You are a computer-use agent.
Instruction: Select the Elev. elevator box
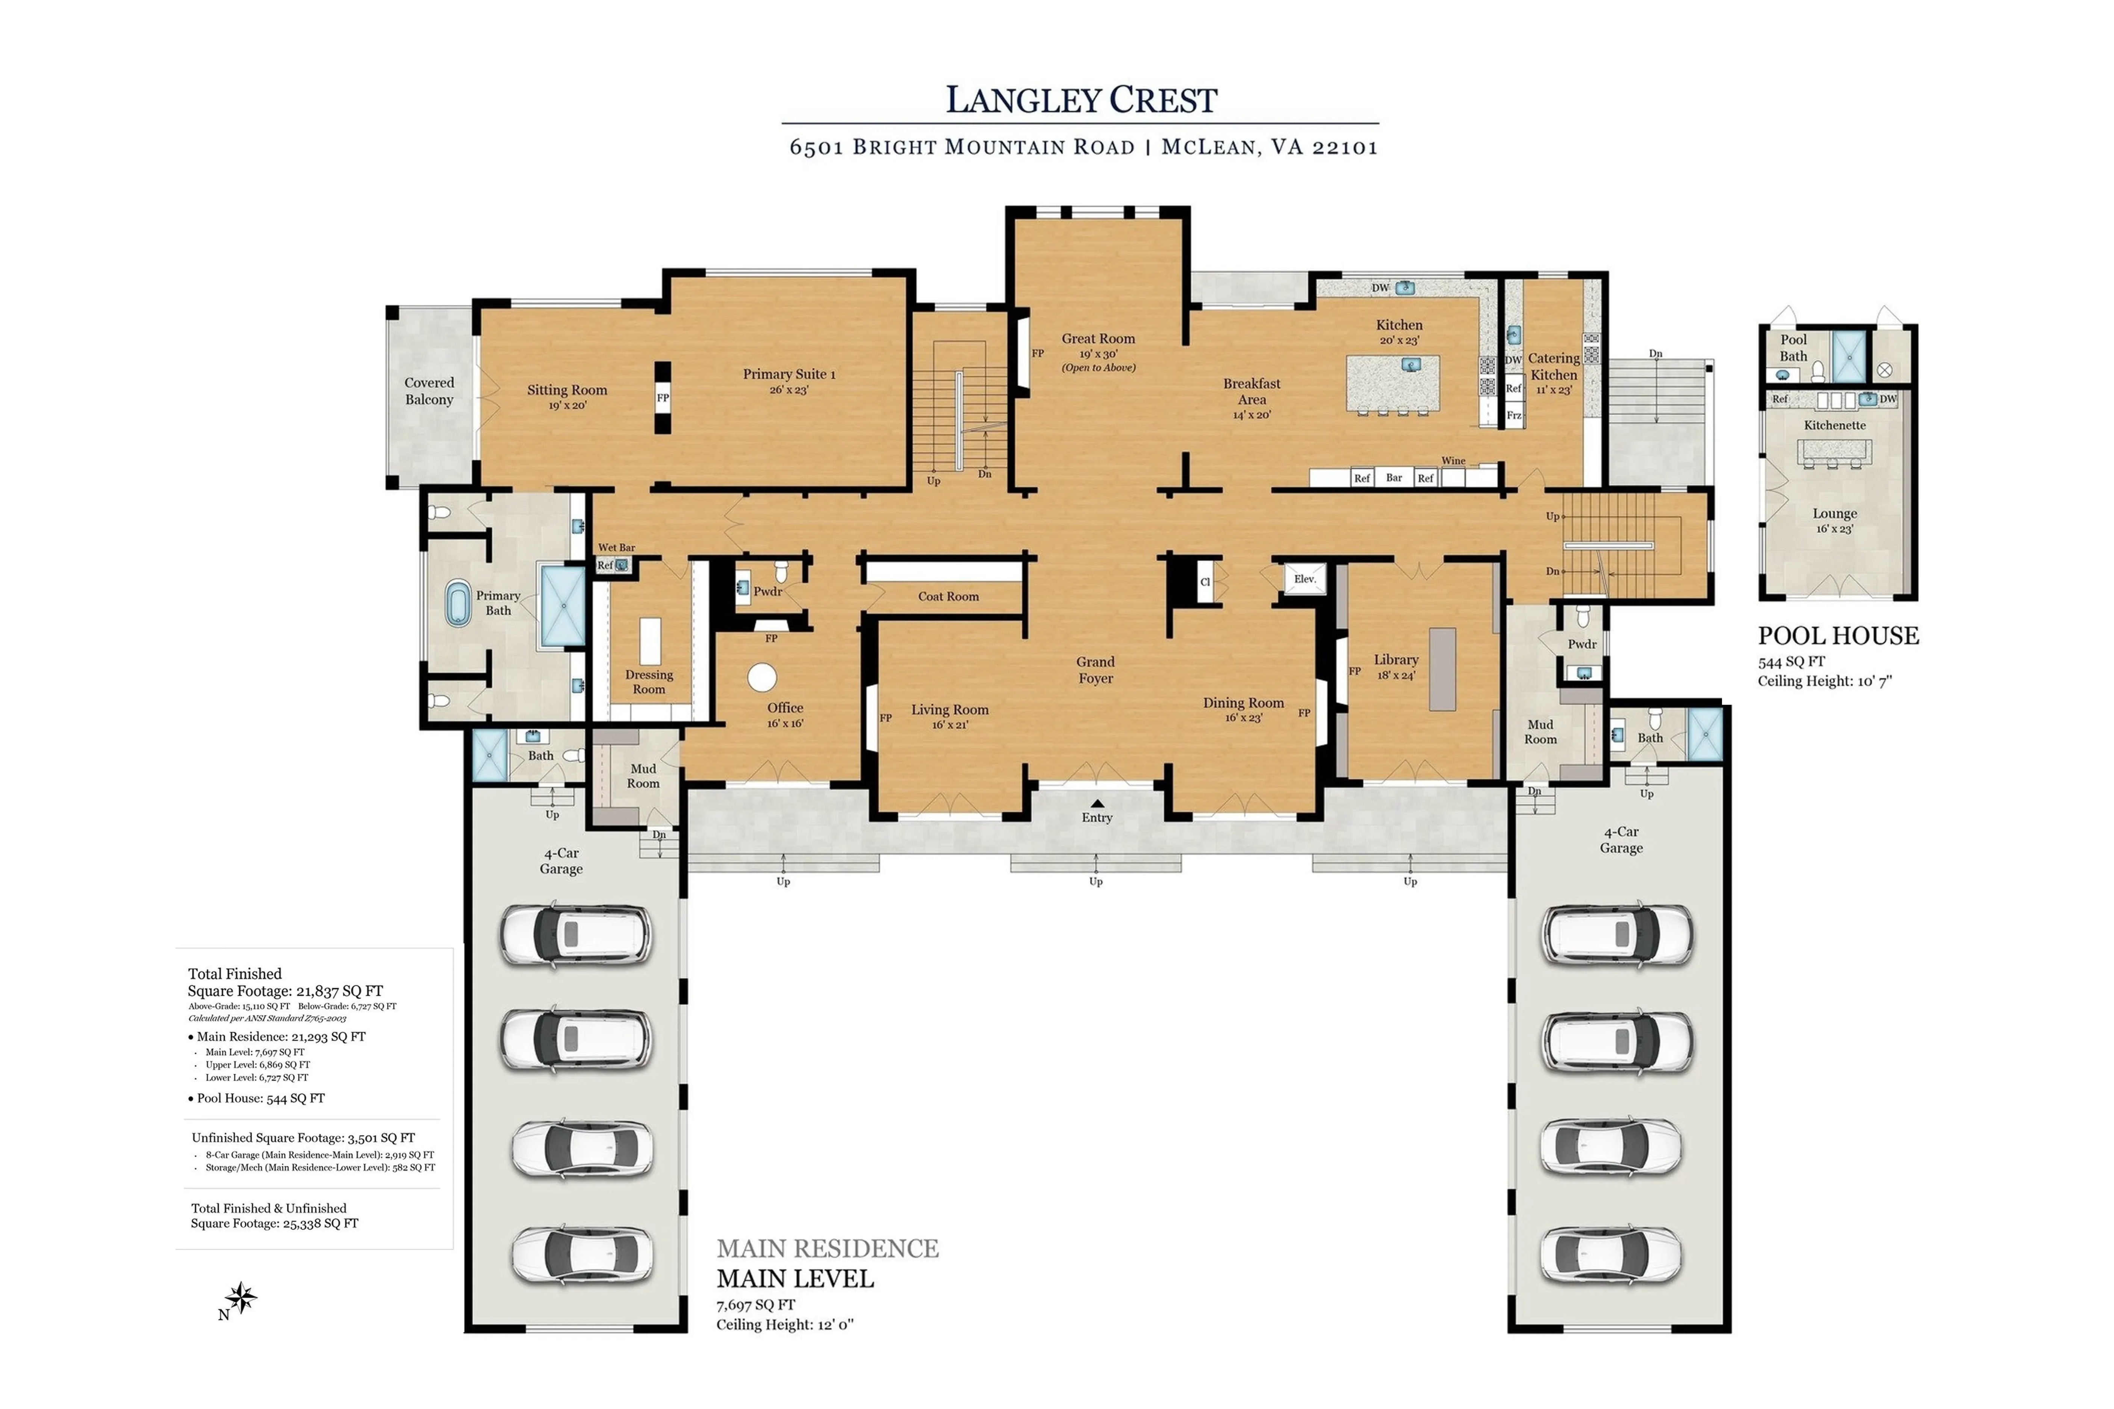pyautogui.click(x=1304, y=580)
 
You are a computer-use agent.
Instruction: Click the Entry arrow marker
pyautogui.click(x=1097, y=803)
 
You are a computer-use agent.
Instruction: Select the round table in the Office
pyautogui.click(x=762, y=677)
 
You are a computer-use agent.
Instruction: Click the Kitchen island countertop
pyautogui.click(x=1392, y=384)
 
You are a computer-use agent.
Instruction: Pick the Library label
pyautogui.click(x=1396, y=659)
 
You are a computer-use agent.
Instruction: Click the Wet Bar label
pyautogui.click(x=617, y=547)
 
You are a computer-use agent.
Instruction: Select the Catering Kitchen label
pyautogui.click(x=1554, y=367)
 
